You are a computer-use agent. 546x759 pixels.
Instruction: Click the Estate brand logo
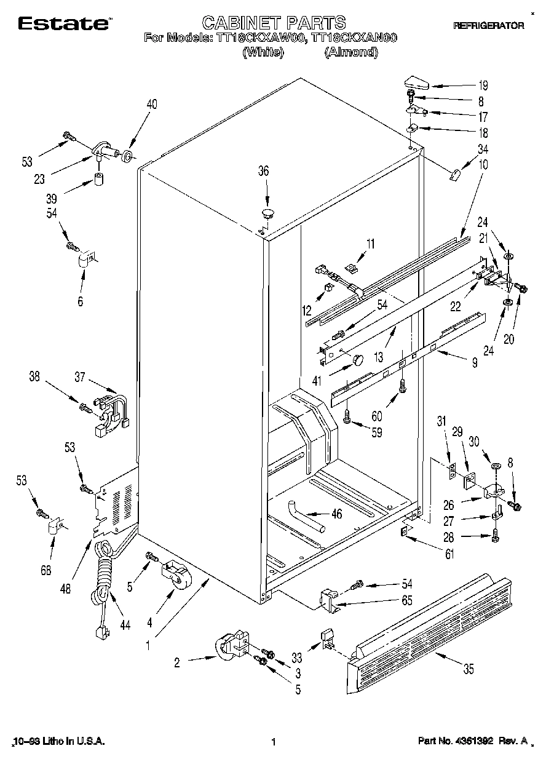tap(64, 24)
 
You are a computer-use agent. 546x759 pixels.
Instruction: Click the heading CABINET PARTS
tap(274, 23)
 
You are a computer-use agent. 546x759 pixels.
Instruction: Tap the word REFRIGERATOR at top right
tap(488, 26)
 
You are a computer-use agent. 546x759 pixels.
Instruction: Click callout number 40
tap(151, 105)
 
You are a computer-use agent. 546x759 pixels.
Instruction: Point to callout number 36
tap(263, 172)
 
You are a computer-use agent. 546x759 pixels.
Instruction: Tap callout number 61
tap(449, 555)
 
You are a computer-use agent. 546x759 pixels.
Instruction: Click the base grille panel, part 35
tap(430, 621)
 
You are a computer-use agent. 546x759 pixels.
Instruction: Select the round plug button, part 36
tap(267, 213)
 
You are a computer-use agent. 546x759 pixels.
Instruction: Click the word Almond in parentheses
tap(350, 52)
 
